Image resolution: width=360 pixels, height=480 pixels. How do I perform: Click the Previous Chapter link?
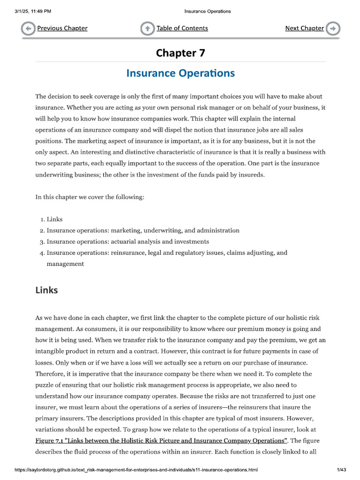62,28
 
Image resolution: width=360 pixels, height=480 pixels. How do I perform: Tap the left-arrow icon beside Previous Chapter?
28,29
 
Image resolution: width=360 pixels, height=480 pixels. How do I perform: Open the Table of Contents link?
182,28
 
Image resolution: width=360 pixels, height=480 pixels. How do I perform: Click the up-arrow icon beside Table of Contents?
147,29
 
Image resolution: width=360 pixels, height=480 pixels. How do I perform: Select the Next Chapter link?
304,28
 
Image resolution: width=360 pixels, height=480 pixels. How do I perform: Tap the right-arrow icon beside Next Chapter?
333,29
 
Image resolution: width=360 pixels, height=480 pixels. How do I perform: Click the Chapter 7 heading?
180,53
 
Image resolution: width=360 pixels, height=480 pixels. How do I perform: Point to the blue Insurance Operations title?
180,73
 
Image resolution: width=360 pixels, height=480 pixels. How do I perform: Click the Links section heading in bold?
47,290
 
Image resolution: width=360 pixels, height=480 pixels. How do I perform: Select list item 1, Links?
54,219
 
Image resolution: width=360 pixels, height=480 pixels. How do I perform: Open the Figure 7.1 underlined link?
161,441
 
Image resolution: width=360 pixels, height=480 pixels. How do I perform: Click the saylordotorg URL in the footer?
136,469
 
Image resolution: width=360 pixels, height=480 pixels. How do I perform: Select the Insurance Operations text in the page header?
207,11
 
